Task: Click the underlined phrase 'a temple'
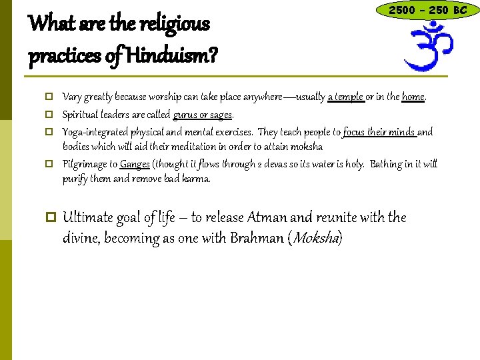click(345, 97)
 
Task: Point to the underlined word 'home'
click(413, 97)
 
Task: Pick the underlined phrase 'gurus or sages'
click(202, 115)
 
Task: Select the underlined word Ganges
click(135, 164)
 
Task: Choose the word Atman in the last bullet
click(270, 217)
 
